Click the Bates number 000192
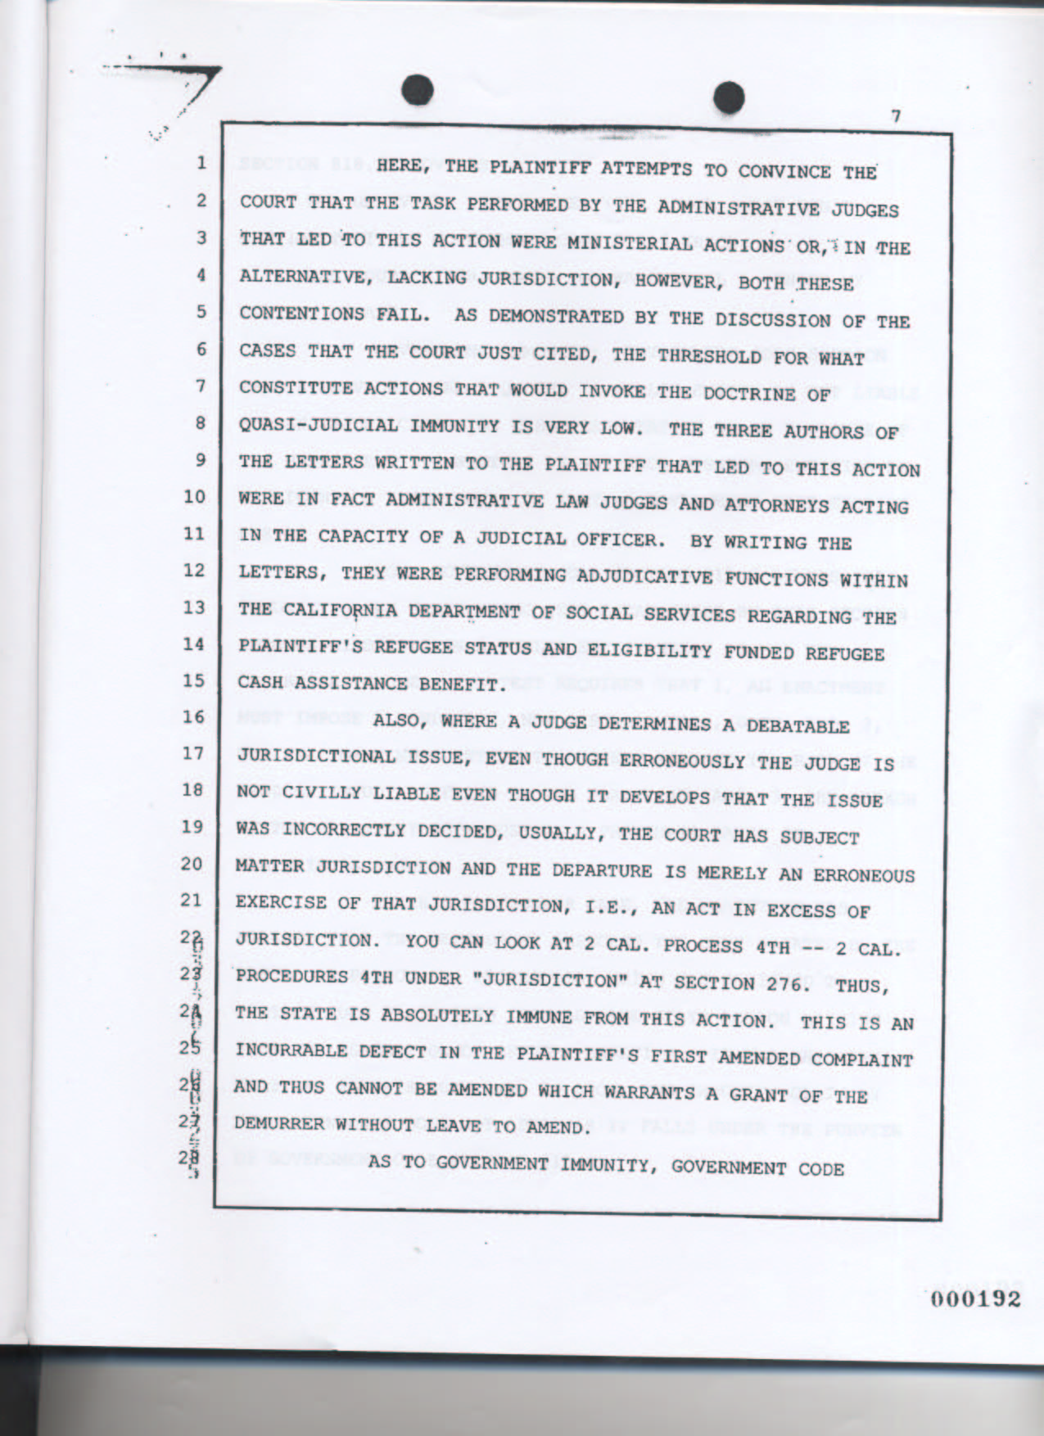click(x=974, y=1299)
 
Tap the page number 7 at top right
click(x=896, y=116)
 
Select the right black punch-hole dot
click(x=727, y=97)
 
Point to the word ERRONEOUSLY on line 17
click(x=682, y=761)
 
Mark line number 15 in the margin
click(x=193, y=680)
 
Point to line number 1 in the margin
click(x=199, y=163)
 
